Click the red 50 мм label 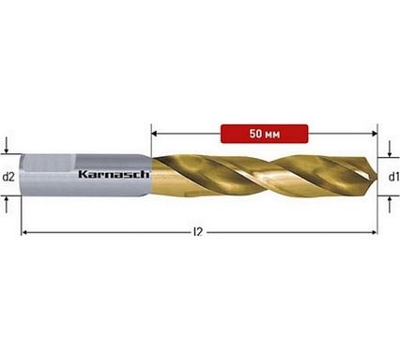point(264,133)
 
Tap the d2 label point(8,177)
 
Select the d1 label point(393,177)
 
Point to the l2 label point(198,232)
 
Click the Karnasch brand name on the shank point(114,174)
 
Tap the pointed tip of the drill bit point(377,177)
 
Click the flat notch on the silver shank point(50,163)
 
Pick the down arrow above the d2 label point(7,146)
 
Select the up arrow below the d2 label point(7,205)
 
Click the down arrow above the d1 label point(390,149)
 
